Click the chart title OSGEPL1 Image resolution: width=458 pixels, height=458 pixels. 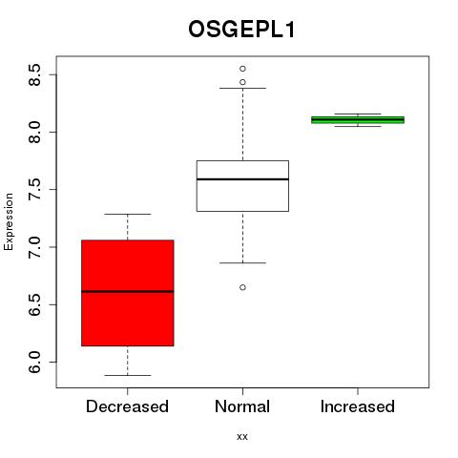click(x=241, y=30)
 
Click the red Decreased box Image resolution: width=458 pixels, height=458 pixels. click(x=128, y=293)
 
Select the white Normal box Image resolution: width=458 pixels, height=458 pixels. click(x=242, y=186)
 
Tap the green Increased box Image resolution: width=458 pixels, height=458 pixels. click(x=358, y=120)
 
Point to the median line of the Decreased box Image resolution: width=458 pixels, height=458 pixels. click(x=128, y=291)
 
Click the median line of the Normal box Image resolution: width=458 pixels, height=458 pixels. click(x=242, y=179)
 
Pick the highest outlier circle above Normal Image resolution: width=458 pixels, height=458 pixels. click(x=242, y=69)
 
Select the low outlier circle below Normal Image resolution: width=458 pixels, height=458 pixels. click(x=242, y=287)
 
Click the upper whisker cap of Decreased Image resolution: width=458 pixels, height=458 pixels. click(x=128, y=214)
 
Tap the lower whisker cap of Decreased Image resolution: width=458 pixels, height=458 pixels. click(x=128, y=375)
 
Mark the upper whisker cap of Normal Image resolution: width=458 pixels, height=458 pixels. click(x=242, y=88)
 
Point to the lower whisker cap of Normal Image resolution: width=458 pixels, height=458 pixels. click(x=242, y=263)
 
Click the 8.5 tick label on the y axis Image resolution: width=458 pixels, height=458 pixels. click(x=34, y=74)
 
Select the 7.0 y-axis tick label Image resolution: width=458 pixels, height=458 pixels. click(x=34, y=247)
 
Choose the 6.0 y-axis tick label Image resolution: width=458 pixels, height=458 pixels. click(x=34, y=362)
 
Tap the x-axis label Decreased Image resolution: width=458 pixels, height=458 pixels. click(x=127, y=406)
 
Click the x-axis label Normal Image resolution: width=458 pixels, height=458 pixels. click(x=242, y=406)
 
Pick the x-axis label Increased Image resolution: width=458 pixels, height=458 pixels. click(x=358, y=406)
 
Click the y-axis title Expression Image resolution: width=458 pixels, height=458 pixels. click(x=9, y=221)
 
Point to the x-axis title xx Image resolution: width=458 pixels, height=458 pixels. click(x=242, y=437)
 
